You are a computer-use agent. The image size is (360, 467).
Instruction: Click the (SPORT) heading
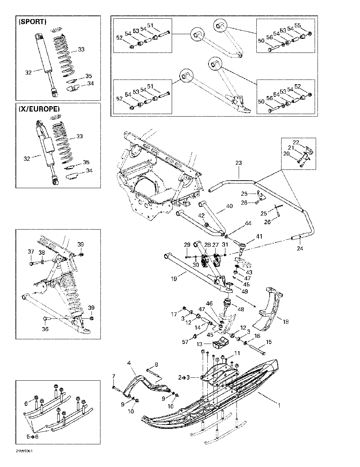32,22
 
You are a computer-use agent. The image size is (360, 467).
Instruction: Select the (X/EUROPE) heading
39,109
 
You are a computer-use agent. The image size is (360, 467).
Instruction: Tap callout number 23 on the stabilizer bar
238,163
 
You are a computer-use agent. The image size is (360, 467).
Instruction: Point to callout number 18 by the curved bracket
285,322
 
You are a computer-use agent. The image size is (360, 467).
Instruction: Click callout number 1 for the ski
279,405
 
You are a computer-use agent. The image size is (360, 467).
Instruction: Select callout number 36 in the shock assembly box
45,328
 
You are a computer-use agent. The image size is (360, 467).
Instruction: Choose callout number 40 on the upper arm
229,206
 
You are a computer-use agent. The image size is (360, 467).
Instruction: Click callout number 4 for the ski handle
129,363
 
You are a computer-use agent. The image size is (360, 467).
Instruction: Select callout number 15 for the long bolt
269,342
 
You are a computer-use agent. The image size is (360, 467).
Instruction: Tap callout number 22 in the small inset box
296,142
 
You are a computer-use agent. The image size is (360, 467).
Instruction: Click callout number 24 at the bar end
300,248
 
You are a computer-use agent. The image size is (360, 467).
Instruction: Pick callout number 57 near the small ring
185,342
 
